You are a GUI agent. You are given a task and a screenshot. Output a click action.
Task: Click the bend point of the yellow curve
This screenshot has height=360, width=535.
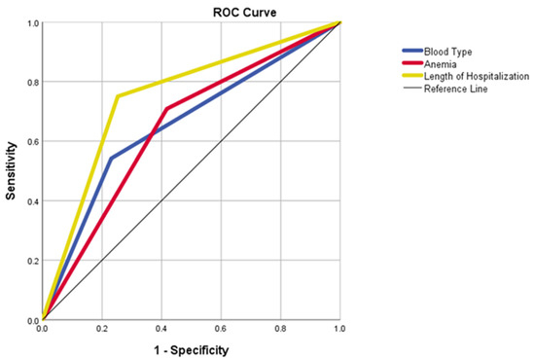pos(117,96)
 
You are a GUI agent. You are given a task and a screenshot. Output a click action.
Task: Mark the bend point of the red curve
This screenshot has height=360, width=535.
pos(166,109)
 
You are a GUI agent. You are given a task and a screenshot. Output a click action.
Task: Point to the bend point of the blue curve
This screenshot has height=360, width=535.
pos(110,158)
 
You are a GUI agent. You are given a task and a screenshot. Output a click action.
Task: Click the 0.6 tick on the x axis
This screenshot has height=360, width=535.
pos(221,330)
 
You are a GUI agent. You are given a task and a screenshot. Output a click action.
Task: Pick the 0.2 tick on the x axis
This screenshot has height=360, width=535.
pos(101,330)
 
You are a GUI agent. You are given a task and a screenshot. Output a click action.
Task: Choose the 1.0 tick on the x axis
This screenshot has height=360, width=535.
pos(339,330)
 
